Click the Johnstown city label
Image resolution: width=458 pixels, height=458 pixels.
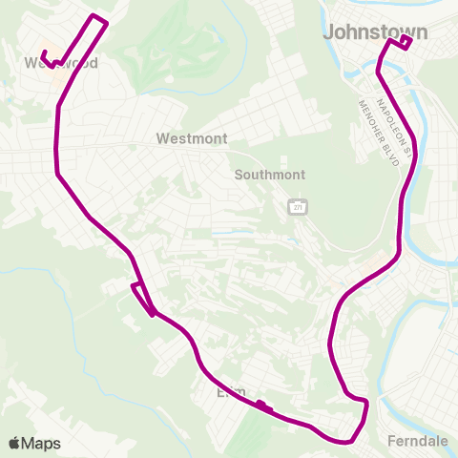point(375,31)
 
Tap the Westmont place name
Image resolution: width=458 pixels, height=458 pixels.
point(192,138)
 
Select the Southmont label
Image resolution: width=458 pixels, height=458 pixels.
point(270,175)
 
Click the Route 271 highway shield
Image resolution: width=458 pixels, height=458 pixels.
point(297,207)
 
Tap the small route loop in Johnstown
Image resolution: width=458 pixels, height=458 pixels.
point(404,41)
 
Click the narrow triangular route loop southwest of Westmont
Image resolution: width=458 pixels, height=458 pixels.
point(142,295)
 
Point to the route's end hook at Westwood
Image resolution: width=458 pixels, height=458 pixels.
point(45,55)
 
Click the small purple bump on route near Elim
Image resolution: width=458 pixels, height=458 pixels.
point(263,406)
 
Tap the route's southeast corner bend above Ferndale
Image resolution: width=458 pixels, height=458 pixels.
point(365,404)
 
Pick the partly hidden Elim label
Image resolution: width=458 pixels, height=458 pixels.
point(230,391)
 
